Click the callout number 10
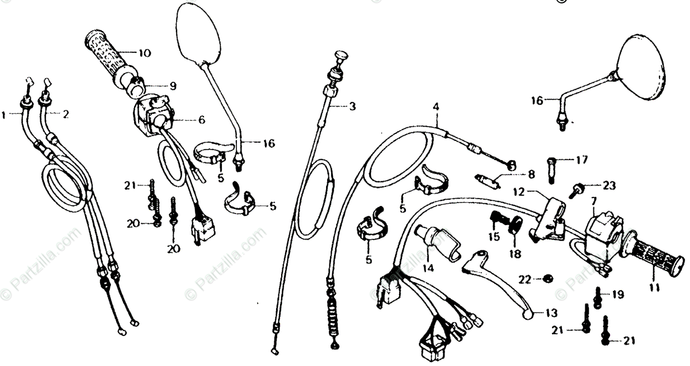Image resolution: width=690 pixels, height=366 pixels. pyautogui.click(x=144, y=53)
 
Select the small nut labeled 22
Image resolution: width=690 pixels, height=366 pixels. pyautogui.click(x=547, y=279)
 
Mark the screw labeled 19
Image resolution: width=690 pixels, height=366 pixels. pyautogui.click(x=598, y=296)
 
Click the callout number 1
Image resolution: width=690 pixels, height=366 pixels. pyautogui.click(x=5, y=115)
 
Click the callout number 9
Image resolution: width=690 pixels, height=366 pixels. pyautogui.click(x=172, y=86)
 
